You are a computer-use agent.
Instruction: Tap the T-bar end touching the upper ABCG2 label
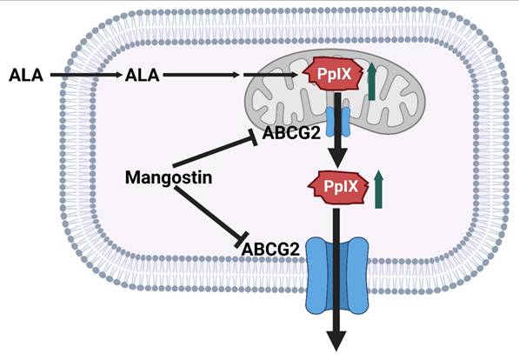[253, 135]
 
